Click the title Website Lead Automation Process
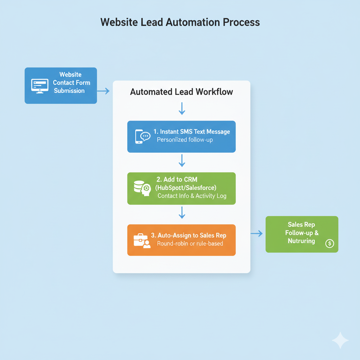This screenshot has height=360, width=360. (x=180, y=22)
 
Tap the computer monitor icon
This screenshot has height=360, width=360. (x=39, y=86)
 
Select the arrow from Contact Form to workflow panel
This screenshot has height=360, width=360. (x=103, y=91)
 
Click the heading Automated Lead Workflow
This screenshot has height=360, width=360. (x=181, y=92)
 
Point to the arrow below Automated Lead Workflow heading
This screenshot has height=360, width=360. (x=182, y=108)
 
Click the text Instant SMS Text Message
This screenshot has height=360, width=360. (x=192, y=132)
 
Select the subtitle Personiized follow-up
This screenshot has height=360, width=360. (x=185, y=140)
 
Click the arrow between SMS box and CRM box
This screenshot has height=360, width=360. (x=182, y=160)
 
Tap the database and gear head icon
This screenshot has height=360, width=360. (x=142, y=188)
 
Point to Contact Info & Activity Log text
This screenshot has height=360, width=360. (x=192, y=196)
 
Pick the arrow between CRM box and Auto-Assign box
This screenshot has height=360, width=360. (x=182, y=212)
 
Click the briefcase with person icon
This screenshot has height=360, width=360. (x=142, y=240)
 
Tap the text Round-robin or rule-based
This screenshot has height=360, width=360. (x=190, y=243)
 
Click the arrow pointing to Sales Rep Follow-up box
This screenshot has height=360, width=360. (x=257, y=233)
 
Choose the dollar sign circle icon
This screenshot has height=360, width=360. (x=330, y=243)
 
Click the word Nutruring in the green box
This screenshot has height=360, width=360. (x=301, y=241)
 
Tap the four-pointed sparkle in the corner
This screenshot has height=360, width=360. (x=340, y=340)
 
